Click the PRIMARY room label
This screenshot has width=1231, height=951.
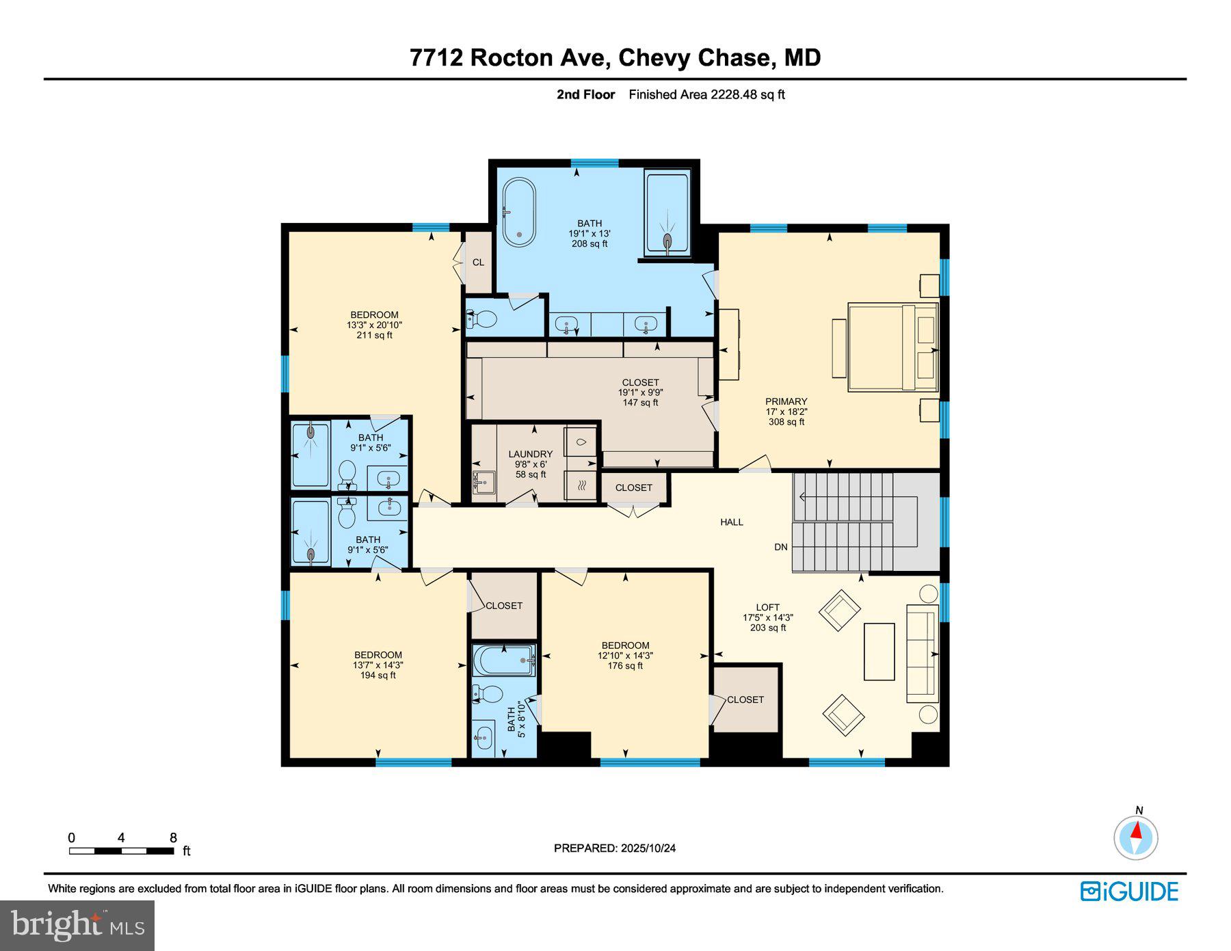786,402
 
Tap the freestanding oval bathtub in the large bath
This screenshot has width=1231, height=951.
519,212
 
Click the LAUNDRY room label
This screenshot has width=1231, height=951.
530,454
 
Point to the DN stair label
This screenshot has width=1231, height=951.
780,547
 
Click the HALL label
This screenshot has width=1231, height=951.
731,522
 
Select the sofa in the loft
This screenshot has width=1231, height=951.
922,653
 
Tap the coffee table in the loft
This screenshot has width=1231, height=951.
879,652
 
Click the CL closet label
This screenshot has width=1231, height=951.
478,263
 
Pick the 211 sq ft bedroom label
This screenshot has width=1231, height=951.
374,325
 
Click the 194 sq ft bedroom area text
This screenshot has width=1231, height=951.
378,675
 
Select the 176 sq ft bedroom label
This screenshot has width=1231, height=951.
625,655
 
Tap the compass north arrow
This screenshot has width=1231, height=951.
1136,831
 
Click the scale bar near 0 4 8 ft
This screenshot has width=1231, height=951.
121,851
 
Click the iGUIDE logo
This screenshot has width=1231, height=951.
1129,892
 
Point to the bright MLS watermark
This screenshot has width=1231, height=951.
77,926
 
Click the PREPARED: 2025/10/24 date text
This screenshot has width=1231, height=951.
614,848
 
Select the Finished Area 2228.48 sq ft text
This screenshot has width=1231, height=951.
706,95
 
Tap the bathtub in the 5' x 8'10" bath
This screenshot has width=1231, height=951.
503,660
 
